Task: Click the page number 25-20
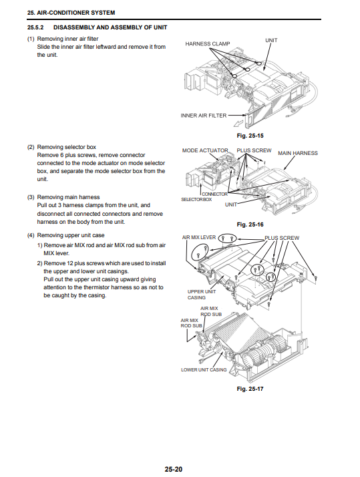[x=174, y=469]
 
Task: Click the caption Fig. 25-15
[x=250, y=136]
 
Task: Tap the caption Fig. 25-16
[x=250, y=224]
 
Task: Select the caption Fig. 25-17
[x=250, y=389]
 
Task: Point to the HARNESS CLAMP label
[x=208, y=44]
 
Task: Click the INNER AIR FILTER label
[x=204, y=116]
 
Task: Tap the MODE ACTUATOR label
[x=205, y=150]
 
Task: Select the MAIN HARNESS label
[x=298, y=153]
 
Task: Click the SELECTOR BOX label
[x=196, y=200]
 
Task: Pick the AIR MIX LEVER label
[x=199, y=237]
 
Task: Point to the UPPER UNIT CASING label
[x=201, y=295]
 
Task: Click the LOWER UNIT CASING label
[x=204, y=370]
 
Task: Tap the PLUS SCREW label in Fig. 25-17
[x=282, y=238]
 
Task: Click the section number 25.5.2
[x=35, y=27]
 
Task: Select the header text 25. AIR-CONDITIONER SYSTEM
[x=71, y=13]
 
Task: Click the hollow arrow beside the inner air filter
[x=238, y=123]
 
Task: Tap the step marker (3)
[x=31, y=197]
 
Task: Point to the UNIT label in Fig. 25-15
[x=271, y=40]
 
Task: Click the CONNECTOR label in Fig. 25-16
[x=214, y=194]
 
